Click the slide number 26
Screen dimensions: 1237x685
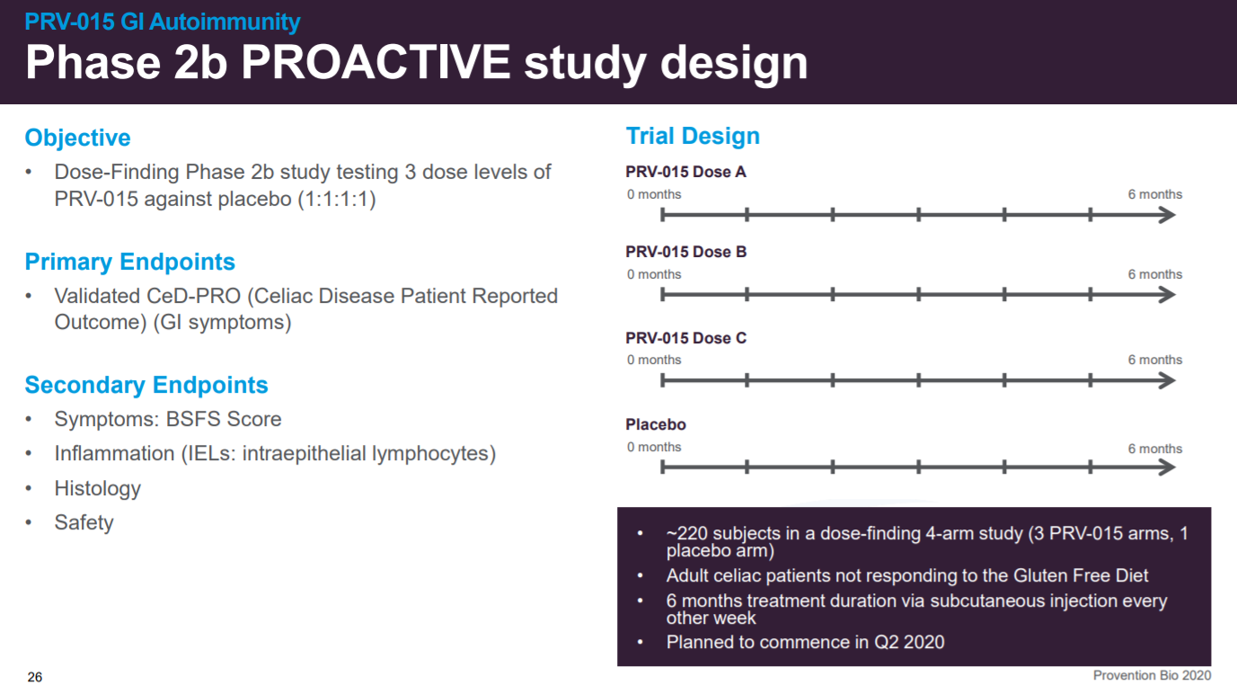click(35, 677)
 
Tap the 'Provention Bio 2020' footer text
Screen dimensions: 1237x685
click(1152, 675)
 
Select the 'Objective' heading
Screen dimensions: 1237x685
click(77, 138)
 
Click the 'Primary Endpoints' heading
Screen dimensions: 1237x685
click(129, 262)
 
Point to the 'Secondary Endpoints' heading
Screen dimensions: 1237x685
click(146, 385)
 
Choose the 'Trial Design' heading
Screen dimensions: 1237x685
click(693, 136)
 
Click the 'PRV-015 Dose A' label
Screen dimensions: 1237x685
click(685, 172)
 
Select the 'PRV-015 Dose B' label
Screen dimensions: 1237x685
click(685, 252)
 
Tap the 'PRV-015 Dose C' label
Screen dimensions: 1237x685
click(685, 338)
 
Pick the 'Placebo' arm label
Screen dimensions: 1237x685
click(656, 424)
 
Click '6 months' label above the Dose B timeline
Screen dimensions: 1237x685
click(1154, 274)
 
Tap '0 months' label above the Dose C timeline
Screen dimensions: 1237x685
click(654, 360)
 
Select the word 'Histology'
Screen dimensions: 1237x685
click(98, 489)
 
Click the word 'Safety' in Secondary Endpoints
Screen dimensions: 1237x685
click(84, 522)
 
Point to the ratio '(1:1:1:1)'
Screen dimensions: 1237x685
click(337, 200)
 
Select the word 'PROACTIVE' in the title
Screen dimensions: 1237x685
click(376, 62)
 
